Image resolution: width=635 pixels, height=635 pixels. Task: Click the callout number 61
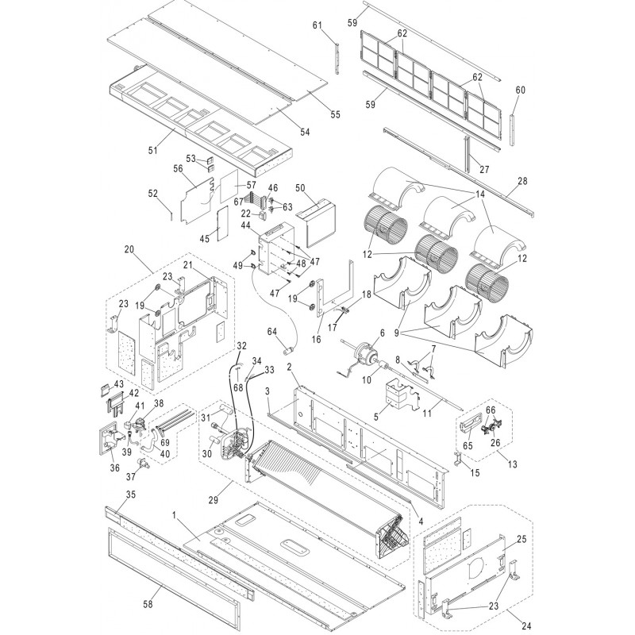tap(317, 25)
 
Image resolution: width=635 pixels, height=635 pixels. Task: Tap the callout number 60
tap(520, 90)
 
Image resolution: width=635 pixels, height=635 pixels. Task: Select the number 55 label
tap(335, 114)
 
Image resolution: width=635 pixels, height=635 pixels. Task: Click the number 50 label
tap(300, 187)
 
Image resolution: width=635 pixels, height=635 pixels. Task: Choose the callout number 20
tap(129, 248)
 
